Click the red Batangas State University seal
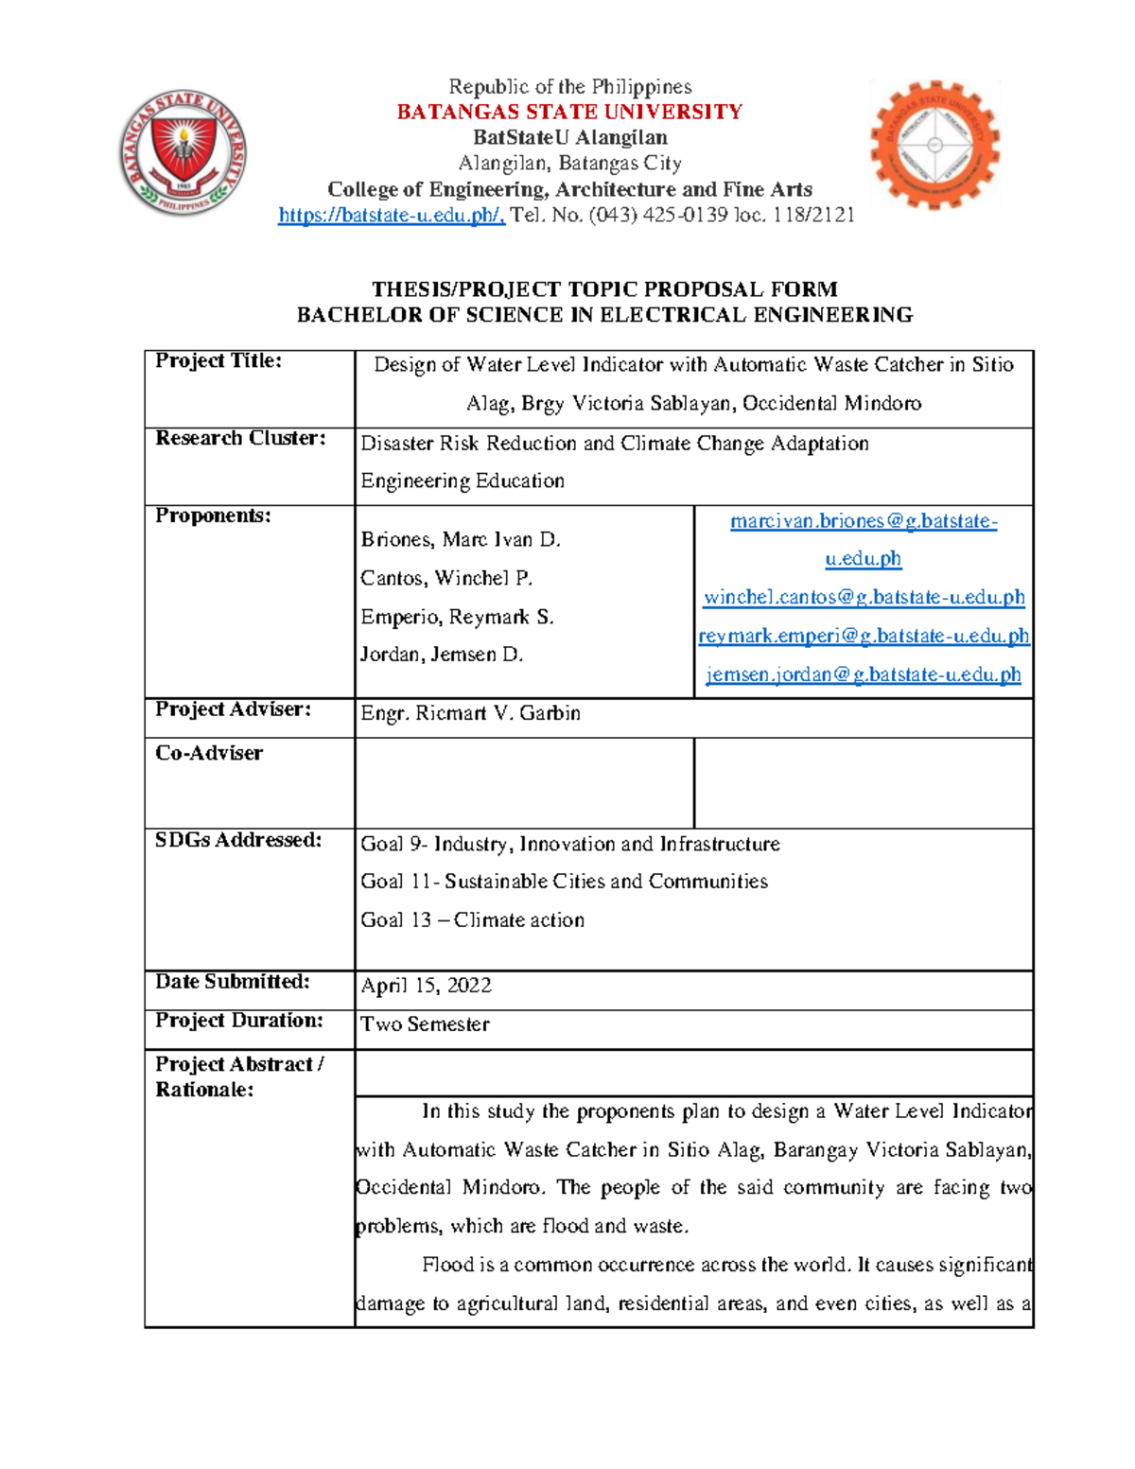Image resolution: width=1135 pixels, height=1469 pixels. pos(183,152)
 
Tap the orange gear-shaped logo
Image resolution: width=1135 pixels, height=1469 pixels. pos(934,145)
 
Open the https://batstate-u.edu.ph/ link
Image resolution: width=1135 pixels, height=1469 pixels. pos(392,216)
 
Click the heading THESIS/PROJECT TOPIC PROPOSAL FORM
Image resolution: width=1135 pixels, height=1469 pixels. pos(604,289)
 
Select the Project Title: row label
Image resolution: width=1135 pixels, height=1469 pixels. pos(218,361)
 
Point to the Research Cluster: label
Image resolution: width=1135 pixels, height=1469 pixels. pos(240,439)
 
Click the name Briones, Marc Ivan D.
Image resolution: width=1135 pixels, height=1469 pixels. pos(461,540)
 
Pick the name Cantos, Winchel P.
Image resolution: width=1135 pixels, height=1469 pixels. pos(446,578)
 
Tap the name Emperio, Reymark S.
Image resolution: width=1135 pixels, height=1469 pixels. pos(457,618)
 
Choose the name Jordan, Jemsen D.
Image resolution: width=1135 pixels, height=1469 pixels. pos(442,655)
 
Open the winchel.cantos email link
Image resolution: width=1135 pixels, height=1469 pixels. pos(864,598)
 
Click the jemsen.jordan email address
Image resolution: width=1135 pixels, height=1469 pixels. pos(864,675)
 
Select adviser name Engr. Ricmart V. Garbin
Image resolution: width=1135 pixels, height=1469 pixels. pos(470,714)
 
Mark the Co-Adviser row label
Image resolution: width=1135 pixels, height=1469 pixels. pos(209,754)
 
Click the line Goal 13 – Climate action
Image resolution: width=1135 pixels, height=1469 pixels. pos(472,920)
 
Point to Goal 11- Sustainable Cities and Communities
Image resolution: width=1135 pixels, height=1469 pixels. pos(564,882)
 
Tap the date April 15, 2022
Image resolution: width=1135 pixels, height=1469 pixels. pos(426,986)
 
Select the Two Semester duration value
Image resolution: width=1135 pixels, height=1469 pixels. pos(425,1024)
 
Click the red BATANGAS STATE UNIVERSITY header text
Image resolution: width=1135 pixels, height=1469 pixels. pos(569,113)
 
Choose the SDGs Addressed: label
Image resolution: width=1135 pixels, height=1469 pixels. pos(238,841)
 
